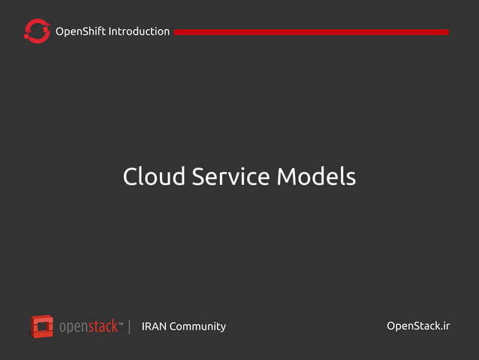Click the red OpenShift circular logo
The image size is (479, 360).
pos(37,31)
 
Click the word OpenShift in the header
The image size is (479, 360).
pos(80,32)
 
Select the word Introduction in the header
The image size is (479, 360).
pos(139,32)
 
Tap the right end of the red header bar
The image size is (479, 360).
pos(447,32)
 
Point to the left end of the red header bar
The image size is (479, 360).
pos(176,32)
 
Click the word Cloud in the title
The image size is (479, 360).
pos(153,177)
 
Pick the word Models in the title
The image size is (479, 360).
pos(316,177)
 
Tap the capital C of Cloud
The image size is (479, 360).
pos(131,177)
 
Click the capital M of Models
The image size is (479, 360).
pos(288,177)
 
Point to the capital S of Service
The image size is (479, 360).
pos(200,177)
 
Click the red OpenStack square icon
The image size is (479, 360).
pos(42,326)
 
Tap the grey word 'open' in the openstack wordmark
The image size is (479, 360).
pos(74,327)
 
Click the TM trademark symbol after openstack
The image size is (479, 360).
pos(122,324)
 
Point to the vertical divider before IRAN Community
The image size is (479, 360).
pos(130,326)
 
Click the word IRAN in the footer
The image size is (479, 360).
pos(154,326)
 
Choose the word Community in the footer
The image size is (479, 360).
pos(197,326)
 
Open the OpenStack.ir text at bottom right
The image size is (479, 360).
pos(418,325)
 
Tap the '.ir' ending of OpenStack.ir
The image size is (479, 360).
pos(444,325)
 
